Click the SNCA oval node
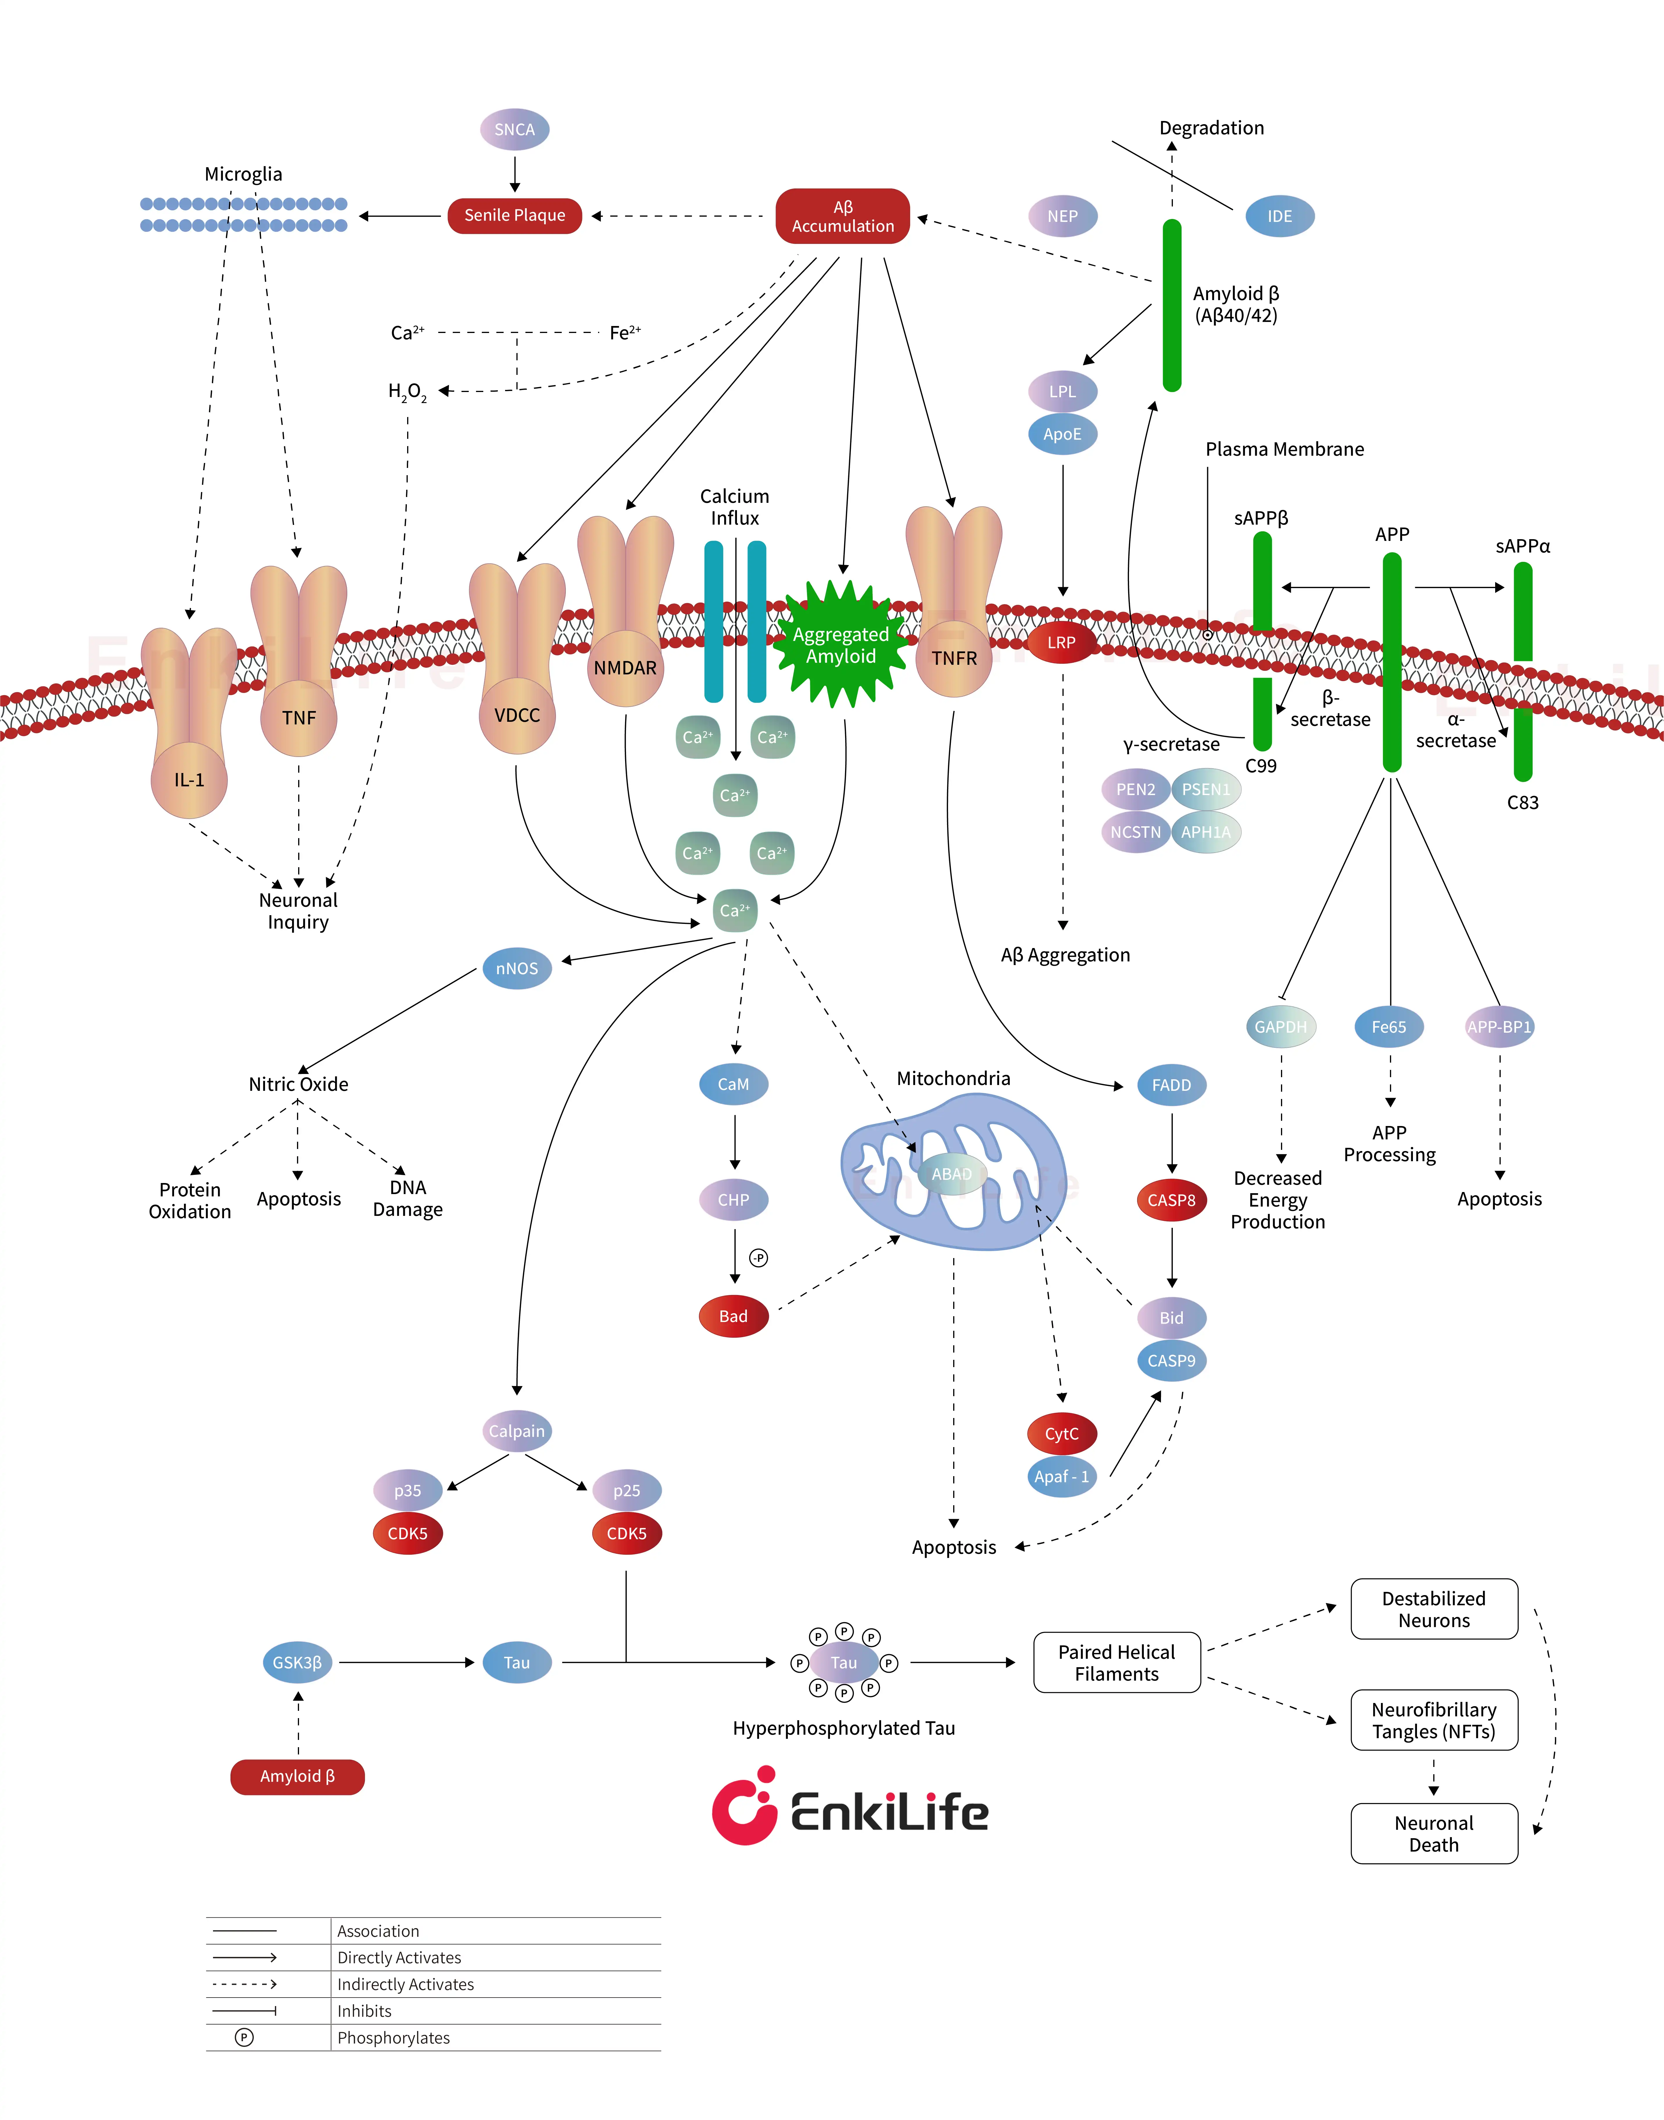pyautogui.click(x=514, y=130)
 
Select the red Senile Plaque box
pyautogui.click(x=514, y=215)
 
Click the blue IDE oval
pyautogui.click(x=1279, y=216)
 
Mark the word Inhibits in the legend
pyautogui.click(x=364, y=2011)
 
